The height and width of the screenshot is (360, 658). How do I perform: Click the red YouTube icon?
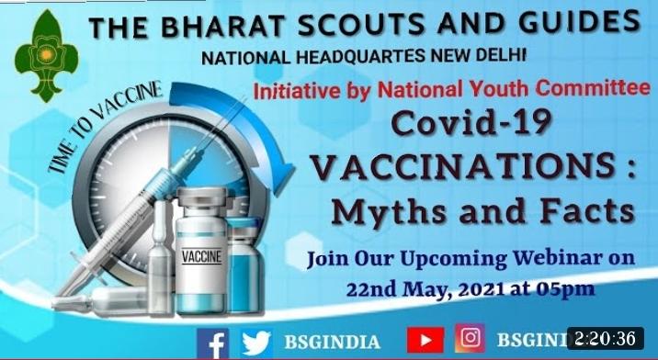425,340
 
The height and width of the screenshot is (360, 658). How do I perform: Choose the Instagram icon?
470,338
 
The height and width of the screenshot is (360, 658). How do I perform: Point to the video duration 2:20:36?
607,339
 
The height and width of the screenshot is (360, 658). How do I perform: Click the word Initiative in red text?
295,92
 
